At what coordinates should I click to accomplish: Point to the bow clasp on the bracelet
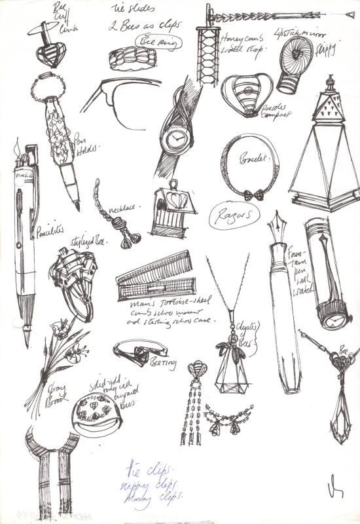click(252, 194)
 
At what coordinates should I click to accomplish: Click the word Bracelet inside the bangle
click(253, 160)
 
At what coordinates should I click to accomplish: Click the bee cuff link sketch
click(50, 47)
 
